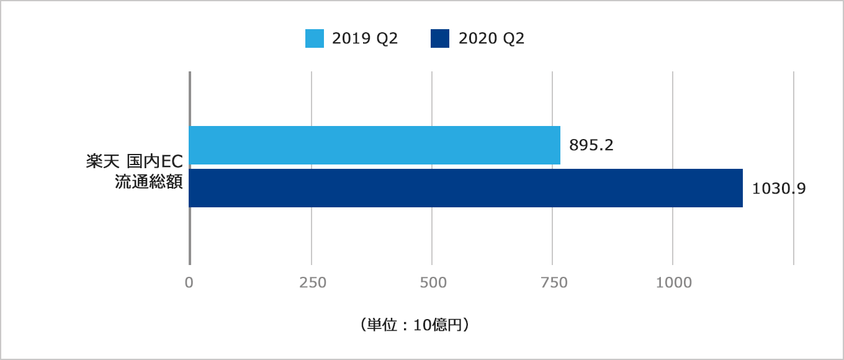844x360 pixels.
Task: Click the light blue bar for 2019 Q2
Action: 375,145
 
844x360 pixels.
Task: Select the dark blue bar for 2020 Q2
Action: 465,188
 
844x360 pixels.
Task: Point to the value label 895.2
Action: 591,145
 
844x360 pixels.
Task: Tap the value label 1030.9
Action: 779,189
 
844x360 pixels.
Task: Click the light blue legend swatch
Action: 315,38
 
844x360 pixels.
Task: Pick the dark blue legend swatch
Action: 439,38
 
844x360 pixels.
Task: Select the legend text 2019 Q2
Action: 365,38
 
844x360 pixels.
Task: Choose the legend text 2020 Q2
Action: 492,38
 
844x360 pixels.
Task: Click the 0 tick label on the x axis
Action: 189,282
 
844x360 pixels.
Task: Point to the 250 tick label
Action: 312,282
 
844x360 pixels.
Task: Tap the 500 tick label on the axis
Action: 433,282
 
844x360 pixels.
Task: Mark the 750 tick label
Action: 554,282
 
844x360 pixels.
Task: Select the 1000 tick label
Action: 674,282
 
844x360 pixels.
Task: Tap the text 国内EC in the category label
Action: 155,163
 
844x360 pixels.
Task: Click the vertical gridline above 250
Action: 312,99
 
